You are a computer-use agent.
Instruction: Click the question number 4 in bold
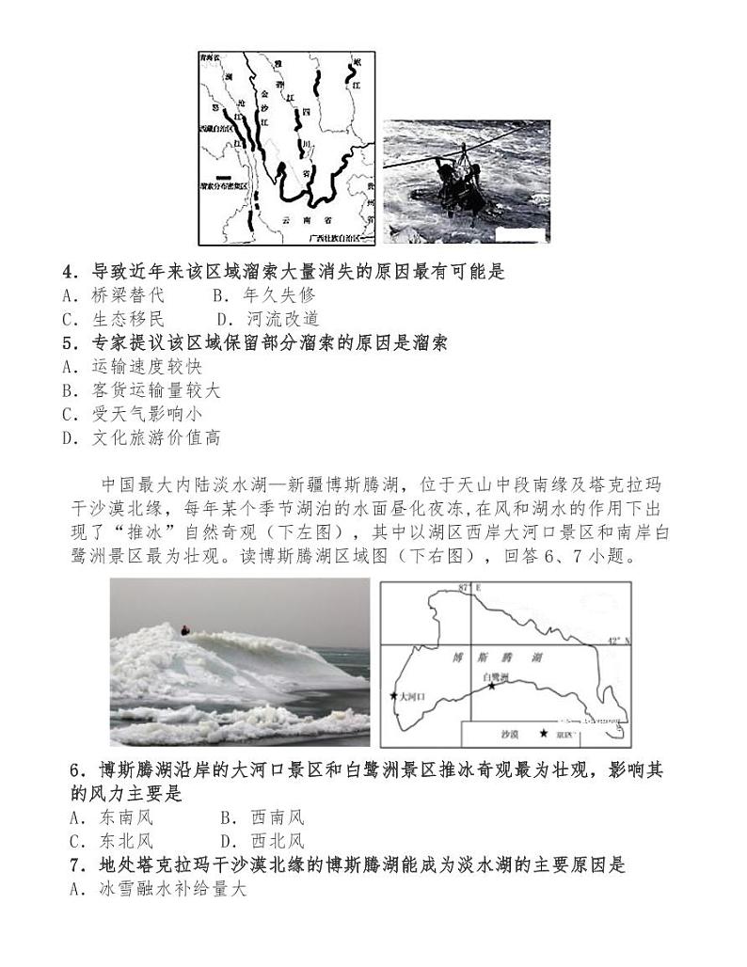(69, 272)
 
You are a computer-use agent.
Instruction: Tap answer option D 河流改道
(268, 319)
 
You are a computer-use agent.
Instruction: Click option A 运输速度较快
(132, 367)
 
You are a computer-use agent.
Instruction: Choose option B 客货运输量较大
(141, 390)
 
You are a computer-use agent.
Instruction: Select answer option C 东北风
(111, 841)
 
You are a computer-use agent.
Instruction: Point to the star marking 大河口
(393, 696)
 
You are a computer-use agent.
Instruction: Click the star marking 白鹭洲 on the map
(490, 687)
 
